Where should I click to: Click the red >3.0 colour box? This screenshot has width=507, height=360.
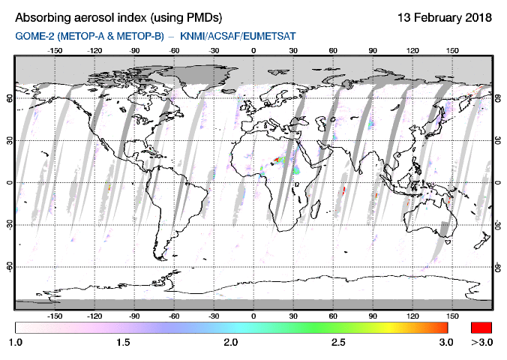pos(480,328)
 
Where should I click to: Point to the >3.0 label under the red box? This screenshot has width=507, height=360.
pos(480,342)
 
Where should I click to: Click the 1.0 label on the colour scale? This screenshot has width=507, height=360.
pos(16,342)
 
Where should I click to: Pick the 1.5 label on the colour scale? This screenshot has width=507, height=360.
pos(123,342)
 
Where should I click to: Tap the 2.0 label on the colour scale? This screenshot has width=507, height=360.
pos(231,342)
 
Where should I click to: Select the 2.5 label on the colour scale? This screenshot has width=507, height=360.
pos(338,342)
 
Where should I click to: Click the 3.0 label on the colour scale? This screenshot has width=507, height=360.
pos(446,342)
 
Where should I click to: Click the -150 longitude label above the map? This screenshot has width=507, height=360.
pos(55,51)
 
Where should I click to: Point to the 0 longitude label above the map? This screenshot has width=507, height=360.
pos(253,51)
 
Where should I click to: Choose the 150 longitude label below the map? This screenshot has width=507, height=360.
pos(452,316)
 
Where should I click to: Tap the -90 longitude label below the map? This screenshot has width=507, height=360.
pos(134,316)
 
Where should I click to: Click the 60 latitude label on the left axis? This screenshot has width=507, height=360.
pos(9,97)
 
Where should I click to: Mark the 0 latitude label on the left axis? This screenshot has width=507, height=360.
pos(9,182)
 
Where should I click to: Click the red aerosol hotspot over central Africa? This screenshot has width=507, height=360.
pos(280,159)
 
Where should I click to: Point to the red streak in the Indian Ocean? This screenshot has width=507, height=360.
pos(343,190)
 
